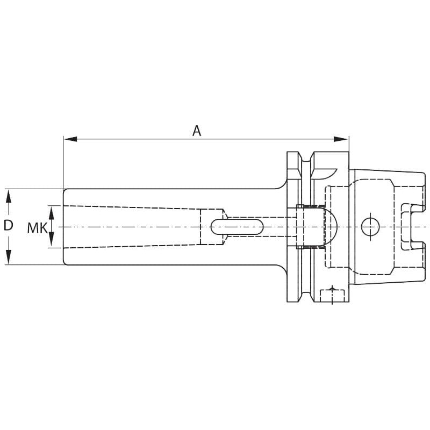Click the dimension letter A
point(197,131)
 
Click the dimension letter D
point(9,225)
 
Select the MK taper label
point(37,227)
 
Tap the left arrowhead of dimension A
point(70,139)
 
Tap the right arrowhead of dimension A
point(341,139)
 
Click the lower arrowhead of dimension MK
point(52,240)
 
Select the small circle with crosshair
point(370,227)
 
